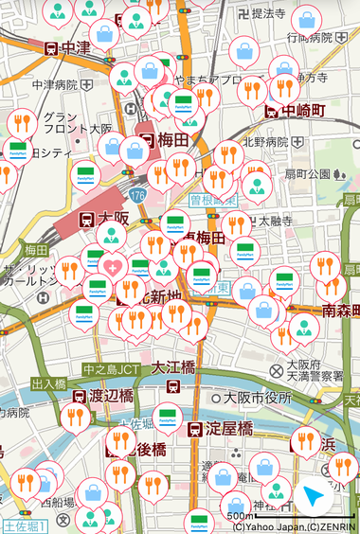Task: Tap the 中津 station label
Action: coord(69,47)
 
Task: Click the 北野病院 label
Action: coord(264,142)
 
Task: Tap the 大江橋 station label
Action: coord(173,366)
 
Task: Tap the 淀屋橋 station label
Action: coord(232,429)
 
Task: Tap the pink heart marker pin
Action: coord(112,266)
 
